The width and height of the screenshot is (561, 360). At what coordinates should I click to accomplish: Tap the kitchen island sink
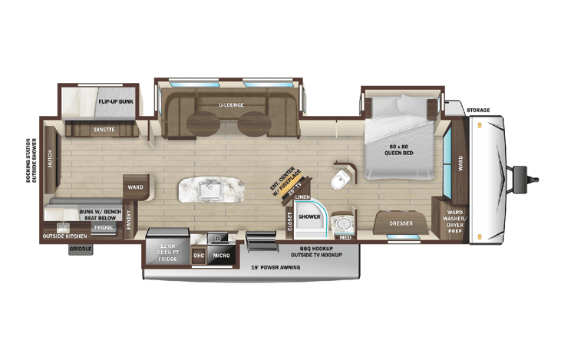coord(210,188)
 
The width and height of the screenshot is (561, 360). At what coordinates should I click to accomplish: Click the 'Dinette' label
coord(105,129)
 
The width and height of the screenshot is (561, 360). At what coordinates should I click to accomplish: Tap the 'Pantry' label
coord(129,222)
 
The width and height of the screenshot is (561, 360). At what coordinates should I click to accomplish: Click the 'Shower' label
coord(309,216)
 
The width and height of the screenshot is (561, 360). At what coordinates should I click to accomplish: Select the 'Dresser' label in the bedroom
coord(402,223)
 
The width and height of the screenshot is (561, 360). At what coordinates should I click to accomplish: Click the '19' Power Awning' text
coord(275,268)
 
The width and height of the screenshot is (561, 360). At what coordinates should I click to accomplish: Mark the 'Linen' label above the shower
coord(302,198)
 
